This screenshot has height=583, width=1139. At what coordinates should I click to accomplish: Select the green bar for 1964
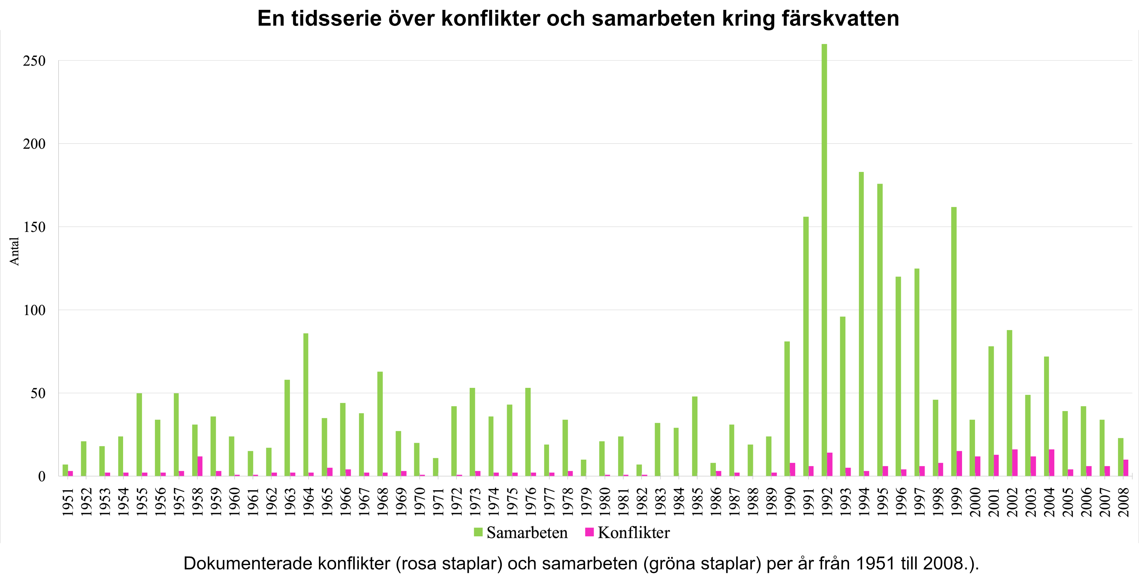[306, 404]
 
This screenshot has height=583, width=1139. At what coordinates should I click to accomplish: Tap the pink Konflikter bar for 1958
[200, 466]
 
